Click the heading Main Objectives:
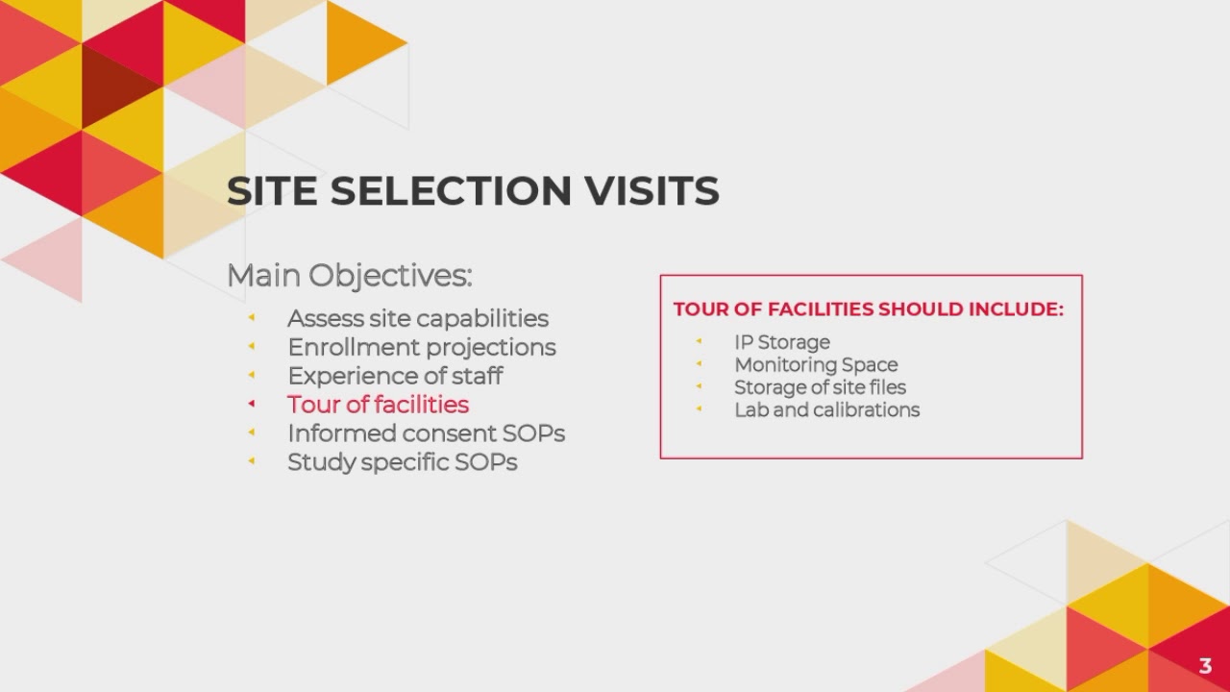(349, 276)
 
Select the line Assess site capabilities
(418, 318)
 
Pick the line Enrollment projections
(422, 347)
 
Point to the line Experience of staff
(395, 376)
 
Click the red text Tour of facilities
(378, 405)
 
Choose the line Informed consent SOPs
(426, 433)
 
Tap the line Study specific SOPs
(402, 462)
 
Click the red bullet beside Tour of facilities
(252, 404)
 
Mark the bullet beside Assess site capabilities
(252, 317)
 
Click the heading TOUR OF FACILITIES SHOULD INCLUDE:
(868, 309)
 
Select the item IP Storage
(782, 342)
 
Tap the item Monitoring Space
(816, 365)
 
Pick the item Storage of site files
(820, 387)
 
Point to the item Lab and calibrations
(826, 410)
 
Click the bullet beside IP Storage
(700, 341)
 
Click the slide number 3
(1205, 665)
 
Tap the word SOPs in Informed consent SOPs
(533, 433)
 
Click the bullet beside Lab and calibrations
(700, 409)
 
